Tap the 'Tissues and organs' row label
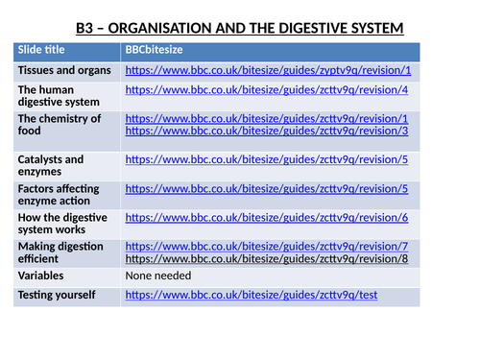click(x=64, y=71)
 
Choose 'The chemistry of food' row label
click(x=59, y=126)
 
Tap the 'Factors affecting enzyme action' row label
click(x=59, y=196)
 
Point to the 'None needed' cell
click(x=158, y=276)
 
